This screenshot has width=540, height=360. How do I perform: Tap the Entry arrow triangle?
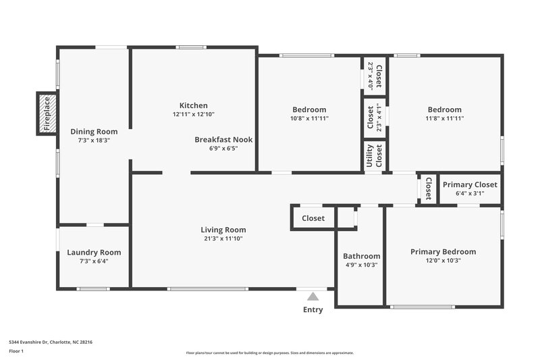coord(312,296)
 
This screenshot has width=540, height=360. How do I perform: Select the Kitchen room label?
coord(193,105)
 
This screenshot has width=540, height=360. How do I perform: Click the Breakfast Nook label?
coord(223,139)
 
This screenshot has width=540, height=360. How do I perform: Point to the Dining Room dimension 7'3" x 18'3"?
coord(94,140)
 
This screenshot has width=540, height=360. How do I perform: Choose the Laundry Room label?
coord(94,253)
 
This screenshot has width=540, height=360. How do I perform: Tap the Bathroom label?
coord(361,256)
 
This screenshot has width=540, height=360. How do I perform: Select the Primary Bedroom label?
coord(443,252)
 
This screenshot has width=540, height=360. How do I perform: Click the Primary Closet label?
coord(470,184)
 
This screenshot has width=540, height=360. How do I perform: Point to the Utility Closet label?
coord(374,156)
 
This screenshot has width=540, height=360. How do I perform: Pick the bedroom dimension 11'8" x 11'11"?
coord(444,118)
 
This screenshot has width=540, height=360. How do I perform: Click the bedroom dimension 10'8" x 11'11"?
coord(309,118)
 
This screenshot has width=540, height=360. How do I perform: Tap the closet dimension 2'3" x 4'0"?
coord(371,76)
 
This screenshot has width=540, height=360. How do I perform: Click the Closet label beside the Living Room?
coord(313,218)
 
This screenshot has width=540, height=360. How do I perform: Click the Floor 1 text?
coord(16,352)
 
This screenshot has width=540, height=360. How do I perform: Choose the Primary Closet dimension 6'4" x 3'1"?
coord(470,193)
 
